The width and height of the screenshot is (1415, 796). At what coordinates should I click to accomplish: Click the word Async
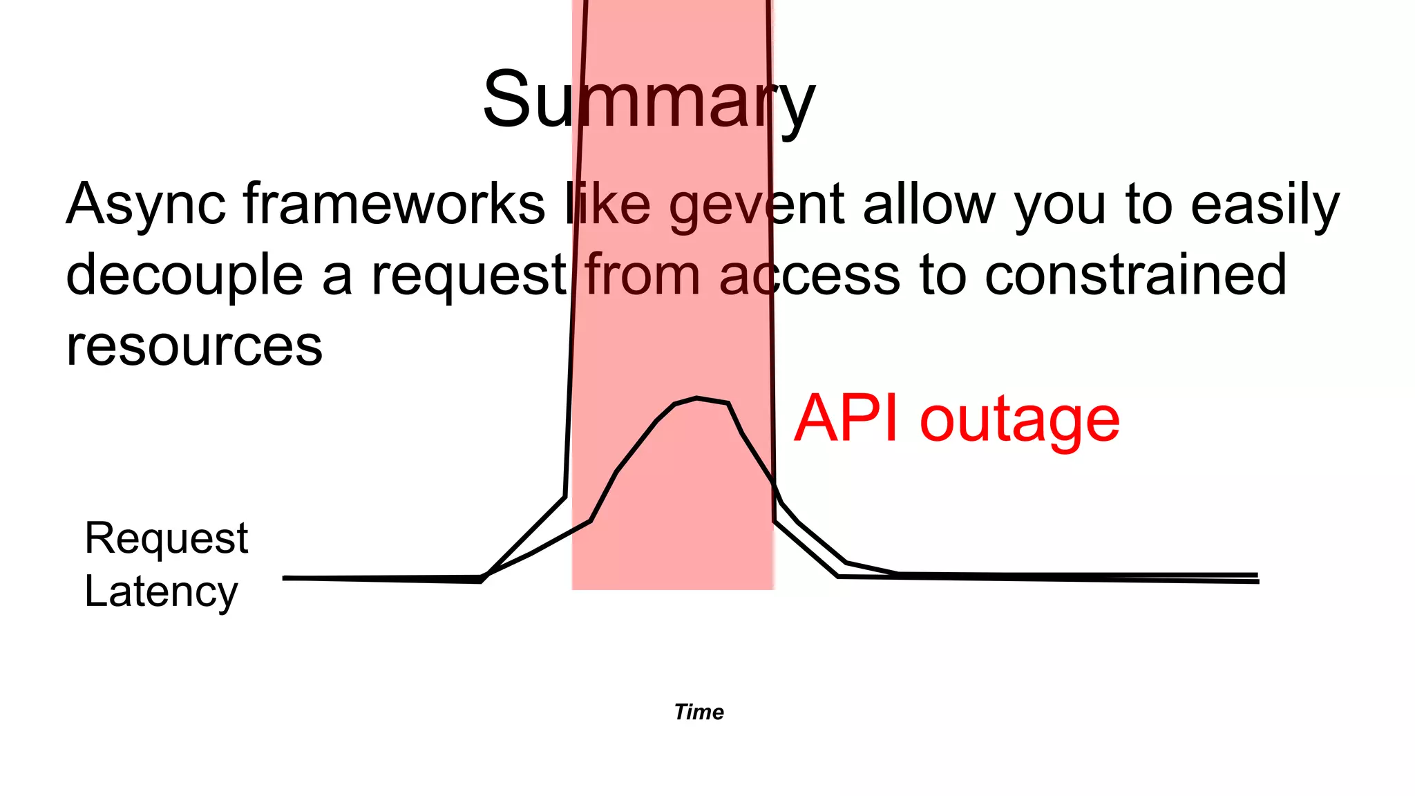146,205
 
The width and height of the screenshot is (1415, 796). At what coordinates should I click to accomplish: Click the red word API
846,419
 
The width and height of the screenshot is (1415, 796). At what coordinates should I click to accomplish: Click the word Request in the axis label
166,538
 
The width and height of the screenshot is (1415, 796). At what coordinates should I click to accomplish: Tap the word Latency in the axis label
161,592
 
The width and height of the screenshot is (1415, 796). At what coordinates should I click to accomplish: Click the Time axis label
699,712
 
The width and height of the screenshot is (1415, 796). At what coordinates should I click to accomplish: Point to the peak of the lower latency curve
696,398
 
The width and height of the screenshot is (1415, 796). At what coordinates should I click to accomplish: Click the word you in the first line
1060,206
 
